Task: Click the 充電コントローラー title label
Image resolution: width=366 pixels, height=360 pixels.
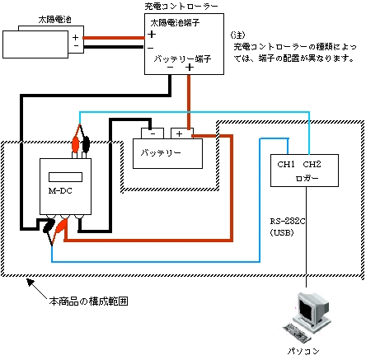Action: point(181,7)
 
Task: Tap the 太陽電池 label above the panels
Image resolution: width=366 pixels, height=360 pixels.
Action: point(55,20)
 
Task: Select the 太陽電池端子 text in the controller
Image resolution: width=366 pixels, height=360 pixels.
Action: point(175,23)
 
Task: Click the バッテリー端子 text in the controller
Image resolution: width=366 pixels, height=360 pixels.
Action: point(182,58)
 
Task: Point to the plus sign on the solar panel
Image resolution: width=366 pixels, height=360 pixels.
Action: point(75,37)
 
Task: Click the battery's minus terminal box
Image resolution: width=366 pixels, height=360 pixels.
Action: point(152,133)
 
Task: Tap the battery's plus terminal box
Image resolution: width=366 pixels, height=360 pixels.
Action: point(182,133)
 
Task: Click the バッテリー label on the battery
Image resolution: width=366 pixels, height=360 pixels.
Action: point(161,152)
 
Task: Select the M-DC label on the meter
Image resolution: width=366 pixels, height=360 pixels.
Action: point(60,191)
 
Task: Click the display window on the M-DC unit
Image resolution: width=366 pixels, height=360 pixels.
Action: point(65,177)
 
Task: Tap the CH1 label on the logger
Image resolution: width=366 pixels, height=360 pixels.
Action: point(286,165)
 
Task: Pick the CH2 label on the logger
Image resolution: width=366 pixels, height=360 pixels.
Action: point(312,165)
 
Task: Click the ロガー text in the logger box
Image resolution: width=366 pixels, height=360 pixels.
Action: point(307,178)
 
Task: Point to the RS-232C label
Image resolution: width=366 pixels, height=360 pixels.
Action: point(288,222)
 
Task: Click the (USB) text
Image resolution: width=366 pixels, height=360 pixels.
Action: point(282,233)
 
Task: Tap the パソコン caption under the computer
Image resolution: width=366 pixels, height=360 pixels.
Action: point(303,351)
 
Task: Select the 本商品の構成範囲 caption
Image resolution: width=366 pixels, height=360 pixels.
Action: point(88,302)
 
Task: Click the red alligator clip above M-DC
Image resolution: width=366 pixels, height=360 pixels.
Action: point(75,143)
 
